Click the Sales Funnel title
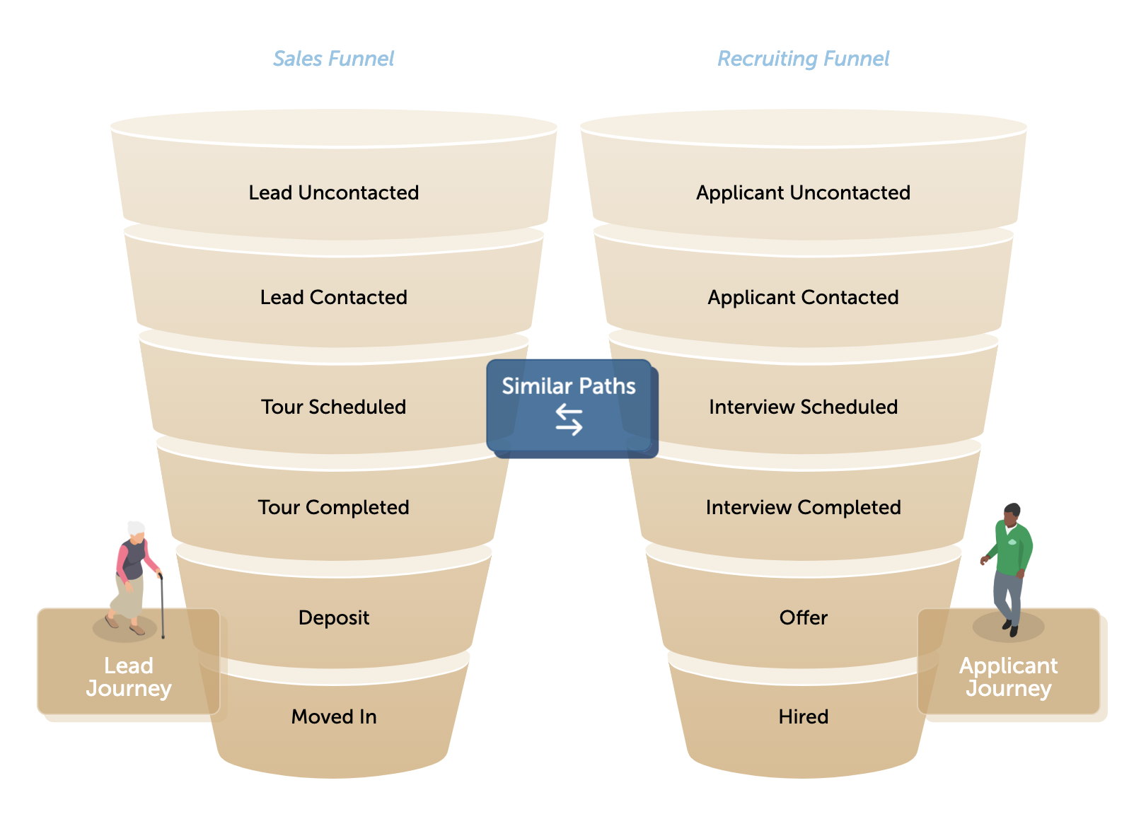[x=333, y=59]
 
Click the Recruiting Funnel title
[x=803, y=59]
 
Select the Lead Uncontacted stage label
[x=333, y=192]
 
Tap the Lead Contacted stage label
[x=333, y=297]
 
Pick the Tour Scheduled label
[x=333, y=407]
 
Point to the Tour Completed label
[x=333, y=507]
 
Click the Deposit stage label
[x=333, y=617]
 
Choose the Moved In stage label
[x=333, y=716]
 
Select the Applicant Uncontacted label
[x=803, y=192]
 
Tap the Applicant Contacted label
[x=803, y=297]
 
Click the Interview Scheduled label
[x=803, y=407]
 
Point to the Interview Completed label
[x=803, y=507]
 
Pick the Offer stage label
[x=803, y=617]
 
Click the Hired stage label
[x=803, y=716]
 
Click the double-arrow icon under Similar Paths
[x=569, y=419]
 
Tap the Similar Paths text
[x=569, y=386]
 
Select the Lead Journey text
[x=129, y=677]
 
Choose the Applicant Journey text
[x=1008, y=677]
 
